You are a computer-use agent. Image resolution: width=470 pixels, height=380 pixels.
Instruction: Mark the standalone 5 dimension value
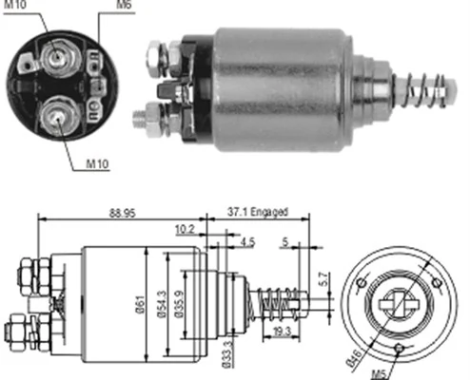[x=285, y=242]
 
